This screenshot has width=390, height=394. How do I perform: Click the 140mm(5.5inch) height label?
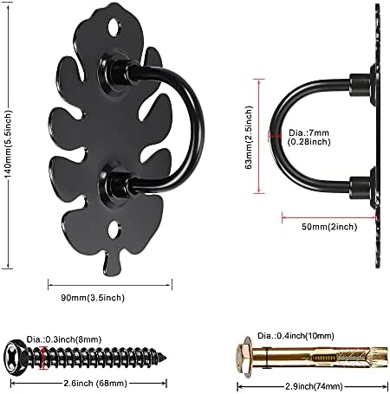tap(9, 144)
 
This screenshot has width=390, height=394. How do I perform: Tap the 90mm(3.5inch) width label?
tap(93, 298)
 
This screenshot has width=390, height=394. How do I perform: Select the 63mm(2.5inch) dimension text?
tap(249, 137)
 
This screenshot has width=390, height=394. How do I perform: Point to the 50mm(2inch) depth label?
tap(329, 227)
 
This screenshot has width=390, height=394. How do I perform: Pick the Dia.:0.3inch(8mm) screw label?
tap(64, 339)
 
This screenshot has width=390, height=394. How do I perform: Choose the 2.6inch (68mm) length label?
tap(95, 384)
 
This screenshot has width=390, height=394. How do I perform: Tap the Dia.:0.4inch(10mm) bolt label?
tap(296, 336)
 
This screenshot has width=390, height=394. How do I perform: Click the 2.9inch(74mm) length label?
tap(314, 386)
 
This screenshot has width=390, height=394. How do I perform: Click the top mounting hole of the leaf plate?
tap(114, 27)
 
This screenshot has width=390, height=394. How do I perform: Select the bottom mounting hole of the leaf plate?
tap(114, 230)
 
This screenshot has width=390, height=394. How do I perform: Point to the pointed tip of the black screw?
tap(166, 358)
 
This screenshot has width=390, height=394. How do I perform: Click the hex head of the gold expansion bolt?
tap(244, 357)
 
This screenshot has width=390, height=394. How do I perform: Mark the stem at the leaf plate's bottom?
tap(111, 262)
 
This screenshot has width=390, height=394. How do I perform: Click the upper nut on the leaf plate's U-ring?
tap(114, 71)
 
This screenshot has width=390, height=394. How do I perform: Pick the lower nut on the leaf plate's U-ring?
tap(114, 183)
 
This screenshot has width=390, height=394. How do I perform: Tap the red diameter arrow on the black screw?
tap(44, 358)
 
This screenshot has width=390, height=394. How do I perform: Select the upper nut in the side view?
tap(360, 85)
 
